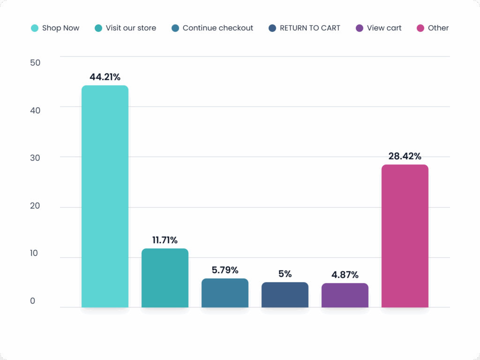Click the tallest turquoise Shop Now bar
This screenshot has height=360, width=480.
tap(105, 196)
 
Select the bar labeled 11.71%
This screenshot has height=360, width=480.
tap(165, 278)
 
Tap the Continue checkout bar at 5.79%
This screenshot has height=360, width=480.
tap(225, 293)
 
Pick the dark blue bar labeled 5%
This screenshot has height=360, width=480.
tap(285, 295)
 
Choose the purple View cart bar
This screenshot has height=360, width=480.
tap(345, 295)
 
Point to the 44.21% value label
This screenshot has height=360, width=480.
tap(105, 77)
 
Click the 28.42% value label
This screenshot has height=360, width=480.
tap(405, 156)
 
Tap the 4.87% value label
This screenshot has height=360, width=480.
tap(345, 275)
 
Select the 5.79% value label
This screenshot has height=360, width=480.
tap(225, 270)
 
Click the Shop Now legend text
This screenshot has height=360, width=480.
tap(60, 28)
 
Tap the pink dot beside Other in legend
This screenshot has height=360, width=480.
tap(420, 28)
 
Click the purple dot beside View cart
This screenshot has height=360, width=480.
tap(360, 28)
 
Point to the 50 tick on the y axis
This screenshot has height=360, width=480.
tap(35, 63)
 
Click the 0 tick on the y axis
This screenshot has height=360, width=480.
tap(32, 301)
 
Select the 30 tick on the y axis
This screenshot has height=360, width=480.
tap(35, 158)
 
